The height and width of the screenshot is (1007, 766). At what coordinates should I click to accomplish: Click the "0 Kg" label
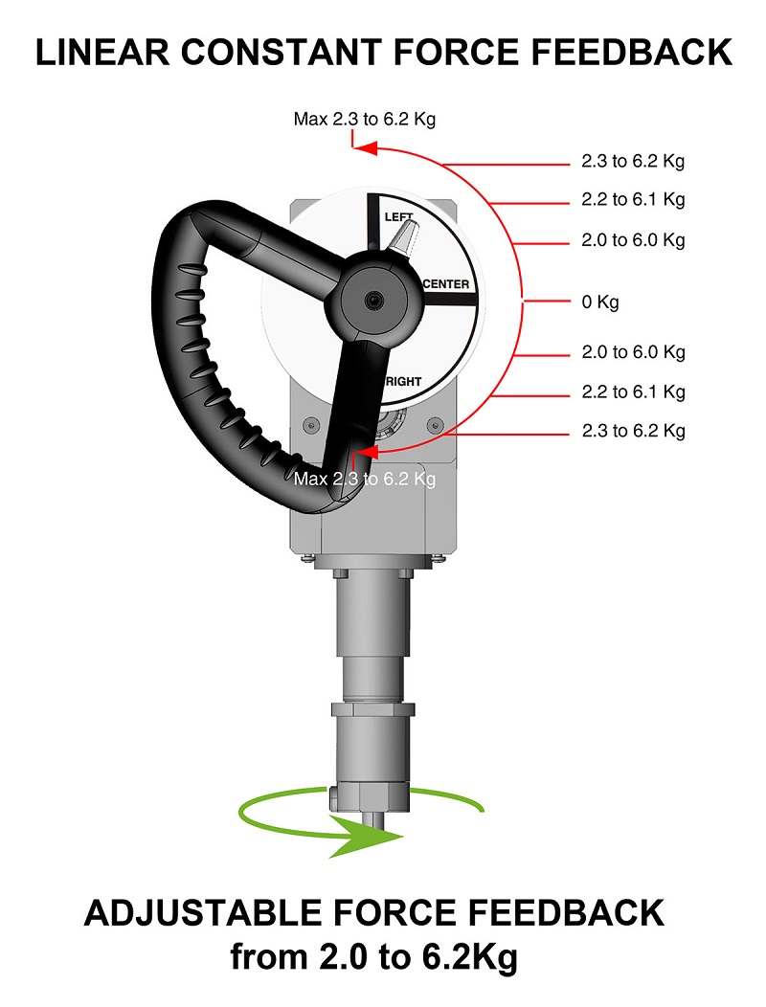point(600,302)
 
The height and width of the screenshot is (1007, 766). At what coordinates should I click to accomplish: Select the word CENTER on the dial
point(445,284)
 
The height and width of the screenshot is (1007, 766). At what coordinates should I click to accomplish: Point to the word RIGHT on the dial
point(402,382)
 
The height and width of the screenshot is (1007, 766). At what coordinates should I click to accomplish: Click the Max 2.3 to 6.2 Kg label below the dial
point(365,478)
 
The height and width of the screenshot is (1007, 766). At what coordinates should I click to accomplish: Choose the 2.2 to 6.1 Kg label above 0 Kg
point(633,200)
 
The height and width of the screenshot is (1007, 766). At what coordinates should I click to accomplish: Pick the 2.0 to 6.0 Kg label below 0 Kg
point(633,352)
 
